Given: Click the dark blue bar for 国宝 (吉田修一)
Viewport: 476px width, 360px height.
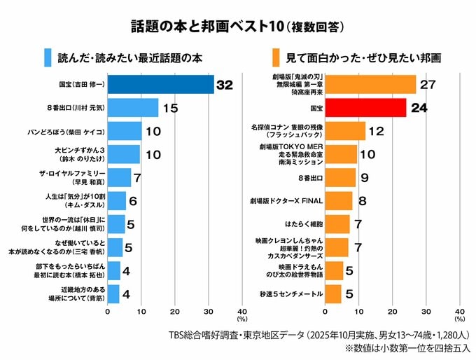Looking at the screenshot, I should [160, 84].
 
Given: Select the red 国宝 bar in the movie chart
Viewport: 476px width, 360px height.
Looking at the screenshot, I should [365, 108].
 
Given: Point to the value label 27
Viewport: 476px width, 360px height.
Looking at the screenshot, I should [427, 85].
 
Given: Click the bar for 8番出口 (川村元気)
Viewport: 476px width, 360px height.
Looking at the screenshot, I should [133, 108].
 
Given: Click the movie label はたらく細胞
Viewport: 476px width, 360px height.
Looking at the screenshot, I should [303, 224].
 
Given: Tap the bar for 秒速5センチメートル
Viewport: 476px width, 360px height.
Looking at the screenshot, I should [333, 293].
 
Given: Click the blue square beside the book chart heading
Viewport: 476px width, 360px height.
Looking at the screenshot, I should [47, 55].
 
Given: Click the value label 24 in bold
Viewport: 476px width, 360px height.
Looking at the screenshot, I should [419, 108].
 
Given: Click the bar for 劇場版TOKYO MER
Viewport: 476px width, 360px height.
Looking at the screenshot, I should [342, 154].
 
